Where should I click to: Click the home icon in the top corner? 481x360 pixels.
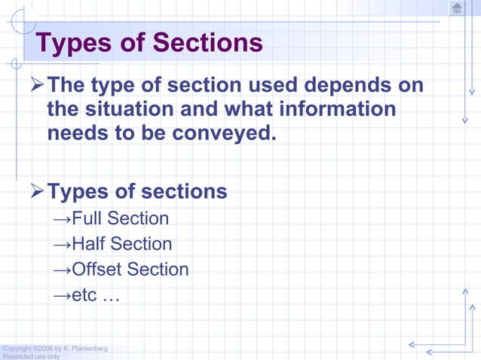pyautogui.click(x=456, y=8)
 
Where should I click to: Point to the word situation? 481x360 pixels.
pyautogui.click(x=131, y=109)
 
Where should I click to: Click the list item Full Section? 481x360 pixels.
pyautogui.click(x=120, y=218)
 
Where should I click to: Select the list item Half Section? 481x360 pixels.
pyautogui.click(x=121, y=244)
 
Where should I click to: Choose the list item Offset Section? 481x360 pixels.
pyautogui.click(x=130, y=269)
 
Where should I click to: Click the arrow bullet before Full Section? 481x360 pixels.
pyautogui.click(x=63, y=219)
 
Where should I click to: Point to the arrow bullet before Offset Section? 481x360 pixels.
pyautogui.click(x=63, y=270)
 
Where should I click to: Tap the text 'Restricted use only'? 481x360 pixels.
pyautogui.click(x=30, y=356)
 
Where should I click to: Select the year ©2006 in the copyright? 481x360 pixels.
pyautogui.click(x=43, y=348)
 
